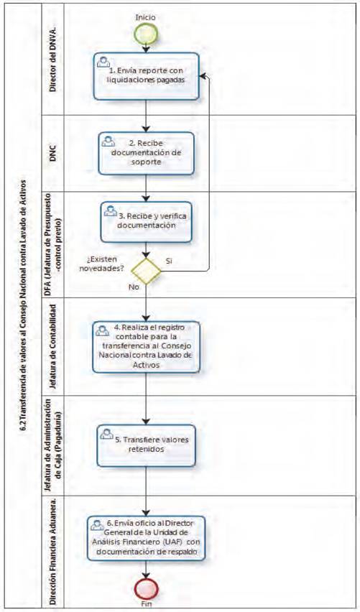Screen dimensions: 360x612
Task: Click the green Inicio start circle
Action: click(147, 34)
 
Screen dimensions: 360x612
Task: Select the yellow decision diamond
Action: click(146, 271)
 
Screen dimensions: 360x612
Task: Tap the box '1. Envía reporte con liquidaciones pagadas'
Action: click(146, 76)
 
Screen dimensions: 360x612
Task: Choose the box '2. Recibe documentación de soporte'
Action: click(146, 153)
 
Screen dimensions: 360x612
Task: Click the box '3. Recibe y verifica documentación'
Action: click(146, 222)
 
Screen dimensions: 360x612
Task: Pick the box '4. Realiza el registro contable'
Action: click(146, 347)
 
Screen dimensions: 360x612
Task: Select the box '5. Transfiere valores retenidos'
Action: click(146, 445)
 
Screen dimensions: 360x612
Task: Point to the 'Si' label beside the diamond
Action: click(169, 261)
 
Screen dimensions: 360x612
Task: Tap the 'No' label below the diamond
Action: click(133, 287)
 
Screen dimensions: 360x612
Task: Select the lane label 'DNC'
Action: click(53, 154)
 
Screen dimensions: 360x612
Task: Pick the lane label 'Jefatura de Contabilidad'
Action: click(53, 347)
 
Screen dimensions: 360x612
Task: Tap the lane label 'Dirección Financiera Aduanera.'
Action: click(53, 551)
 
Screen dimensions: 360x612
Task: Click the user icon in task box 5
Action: click(106, 433)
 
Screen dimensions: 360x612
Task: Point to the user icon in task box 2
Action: click(109, 141)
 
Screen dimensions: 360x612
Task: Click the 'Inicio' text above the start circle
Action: click(145, 17)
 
